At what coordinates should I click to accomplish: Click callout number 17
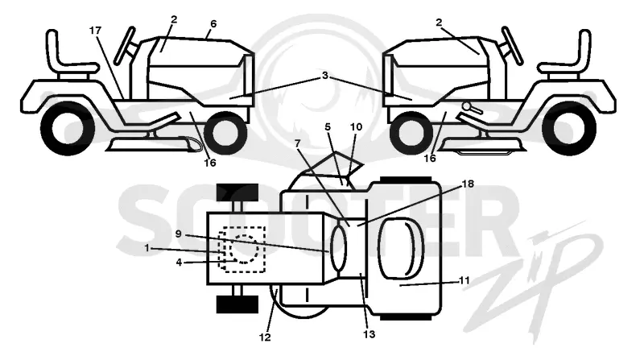(95, 31)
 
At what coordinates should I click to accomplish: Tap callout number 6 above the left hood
(213, 24)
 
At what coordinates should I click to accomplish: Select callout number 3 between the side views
(325, 76)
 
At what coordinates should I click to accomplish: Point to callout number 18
(468, 184)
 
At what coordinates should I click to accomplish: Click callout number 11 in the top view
(464, 280)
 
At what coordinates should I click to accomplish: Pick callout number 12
(265, 337)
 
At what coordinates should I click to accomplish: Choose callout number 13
(369, 334)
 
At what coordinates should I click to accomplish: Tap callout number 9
(178, 234)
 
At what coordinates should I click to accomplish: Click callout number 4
(179, 262)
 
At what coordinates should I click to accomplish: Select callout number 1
(147, 248)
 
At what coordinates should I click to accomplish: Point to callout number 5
(328, 127)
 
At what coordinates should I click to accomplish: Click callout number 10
(356, 127)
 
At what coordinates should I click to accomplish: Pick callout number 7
(297, 143)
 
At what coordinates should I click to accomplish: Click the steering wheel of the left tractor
(125, 45)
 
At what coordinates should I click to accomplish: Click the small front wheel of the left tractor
(225, 132)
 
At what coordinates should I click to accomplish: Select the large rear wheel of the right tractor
(569, 128)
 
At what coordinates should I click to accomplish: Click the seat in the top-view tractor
(400, 248)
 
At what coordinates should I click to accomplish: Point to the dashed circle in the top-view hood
(245, 249)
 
